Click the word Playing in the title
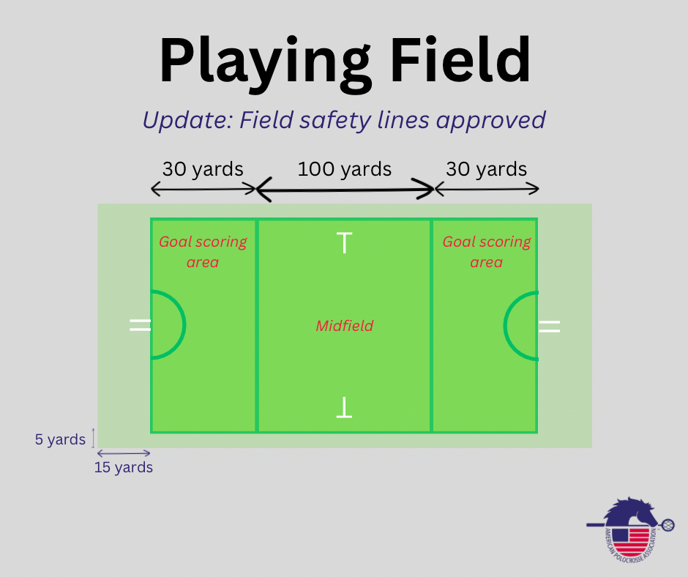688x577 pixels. [266, 63]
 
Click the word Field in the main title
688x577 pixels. [460, 59]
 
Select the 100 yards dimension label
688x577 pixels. [345, 169]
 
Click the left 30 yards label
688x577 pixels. [203, 169]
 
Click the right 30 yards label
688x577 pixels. [486, 169]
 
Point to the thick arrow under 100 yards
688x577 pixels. [345, 190]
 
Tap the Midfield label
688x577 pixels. [345, 326]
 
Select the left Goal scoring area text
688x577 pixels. [203, 252]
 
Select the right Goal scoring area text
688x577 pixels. [486, 252]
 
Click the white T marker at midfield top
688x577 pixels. [345, 243]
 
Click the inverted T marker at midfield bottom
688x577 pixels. [345, 407]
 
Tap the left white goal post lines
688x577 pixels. [141, 325]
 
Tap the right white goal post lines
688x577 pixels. [550, 326]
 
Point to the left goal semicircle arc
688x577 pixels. [184, 325]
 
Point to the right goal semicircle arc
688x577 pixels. [505, 325]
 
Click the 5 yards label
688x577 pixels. [60, 439]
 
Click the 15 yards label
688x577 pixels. [124, 467]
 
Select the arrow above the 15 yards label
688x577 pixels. [124, 453]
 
